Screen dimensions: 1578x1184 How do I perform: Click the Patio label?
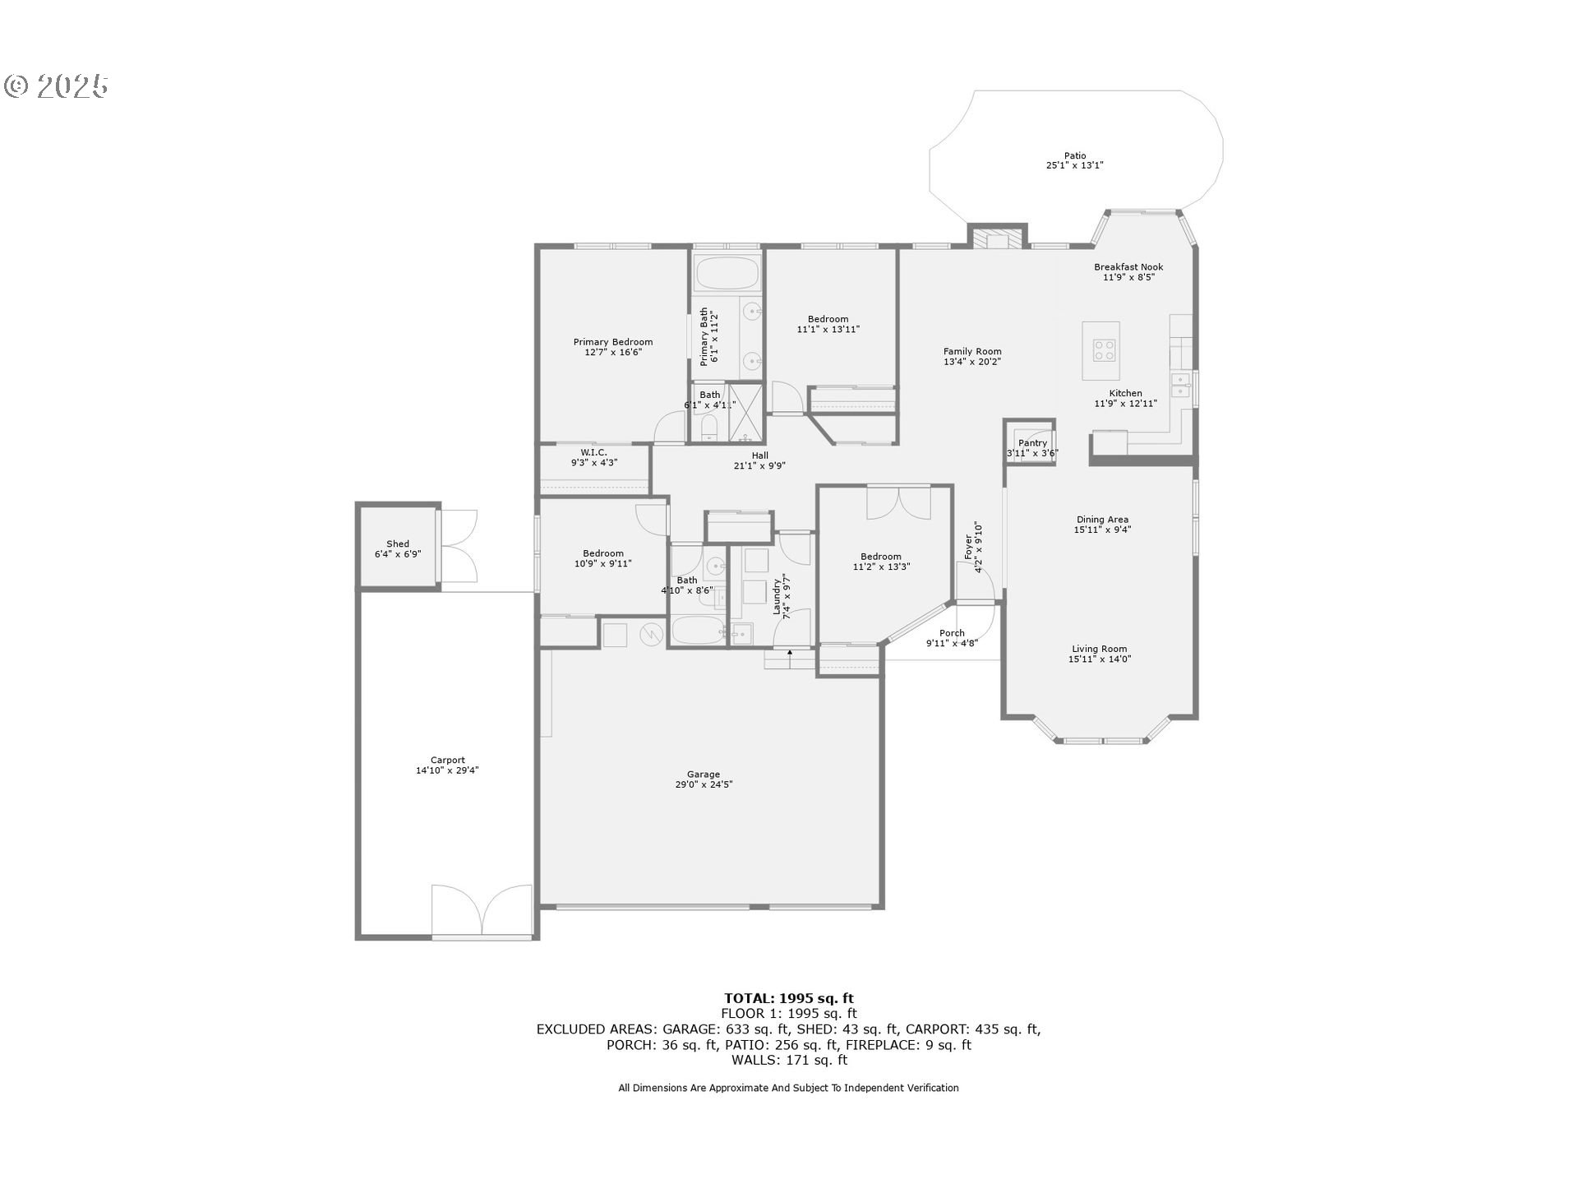pyautogui.click(x=1075, y=155)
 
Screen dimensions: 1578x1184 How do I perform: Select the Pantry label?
pyautogui.click(x=1032, y=443)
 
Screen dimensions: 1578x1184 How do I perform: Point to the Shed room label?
pyautogui.click(x=398, y=543)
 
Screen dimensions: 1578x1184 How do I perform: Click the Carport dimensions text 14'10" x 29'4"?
pyautogui.click(x=447, y=770)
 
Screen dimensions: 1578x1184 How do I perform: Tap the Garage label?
pyautogui.click(x=704, y=774)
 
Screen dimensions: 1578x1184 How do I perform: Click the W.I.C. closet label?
pyautogui.click(x=594, y=452)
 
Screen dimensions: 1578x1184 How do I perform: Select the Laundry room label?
pyautogui.click(x=777, y=597)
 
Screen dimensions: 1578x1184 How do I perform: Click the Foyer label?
pyautogui.click(x=968, y=547)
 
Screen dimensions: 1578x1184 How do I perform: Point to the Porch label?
pyautogui.click(x=952, y=633)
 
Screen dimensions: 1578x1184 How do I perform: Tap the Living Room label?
pyautogui.click(x=1100, y=649)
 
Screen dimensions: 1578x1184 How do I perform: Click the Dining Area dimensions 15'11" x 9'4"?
pyautogui.click(x=1102, y=530)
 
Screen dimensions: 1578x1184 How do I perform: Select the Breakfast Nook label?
pyautogui.click(x=1128, y=266)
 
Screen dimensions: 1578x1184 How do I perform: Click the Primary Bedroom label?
pyautogui.click(x=613, y=342)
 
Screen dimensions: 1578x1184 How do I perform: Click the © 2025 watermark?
pyautogui.click(x=56, y=86)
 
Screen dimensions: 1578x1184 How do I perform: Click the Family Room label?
pyautogui.click(x=972, y=351)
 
